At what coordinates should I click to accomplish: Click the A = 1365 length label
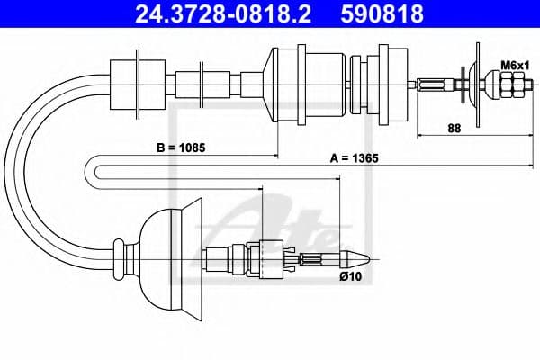coord(354,157)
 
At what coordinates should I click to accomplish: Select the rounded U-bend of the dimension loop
coord(98,170)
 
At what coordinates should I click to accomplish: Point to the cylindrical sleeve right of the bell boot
coord(220,260)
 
